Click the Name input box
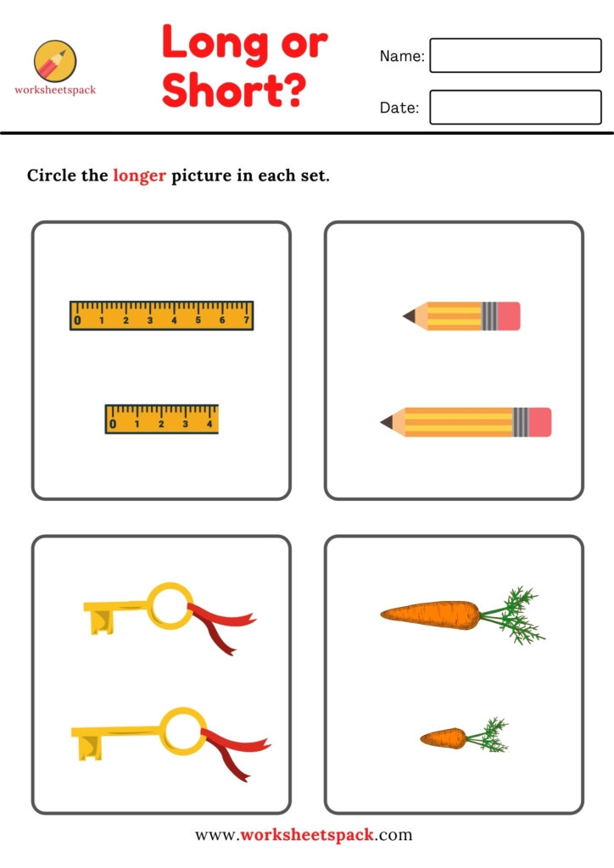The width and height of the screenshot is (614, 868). [x=516, y=55]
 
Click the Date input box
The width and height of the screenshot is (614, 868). [x=516, y=108]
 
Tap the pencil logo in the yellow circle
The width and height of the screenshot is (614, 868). [x=55, y=61]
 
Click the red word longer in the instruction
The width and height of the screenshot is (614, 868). [x=140, y=175]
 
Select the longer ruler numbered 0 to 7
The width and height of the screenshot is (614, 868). [x=162, y=315]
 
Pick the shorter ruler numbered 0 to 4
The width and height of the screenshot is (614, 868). [x=162, y=419]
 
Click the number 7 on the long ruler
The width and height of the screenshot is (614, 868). [x=247, y=320]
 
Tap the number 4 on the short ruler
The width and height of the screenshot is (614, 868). [x=209, y=424]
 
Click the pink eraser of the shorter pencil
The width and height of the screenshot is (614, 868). [x=509, y=316]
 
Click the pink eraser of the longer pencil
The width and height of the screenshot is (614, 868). [x=540, y=422]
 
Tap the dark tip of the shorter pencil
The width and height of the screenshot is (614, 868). [x=409, y=316]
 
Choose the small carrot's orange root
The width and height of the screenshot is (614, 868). [x=444, y=738]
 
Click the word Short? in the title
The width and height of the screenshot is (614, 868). [x=233, y=90]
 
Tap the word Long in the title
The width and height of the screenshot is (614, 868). [x=216, y=42]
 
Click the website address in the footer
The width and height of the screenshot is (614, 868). [x=304, y=834]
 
